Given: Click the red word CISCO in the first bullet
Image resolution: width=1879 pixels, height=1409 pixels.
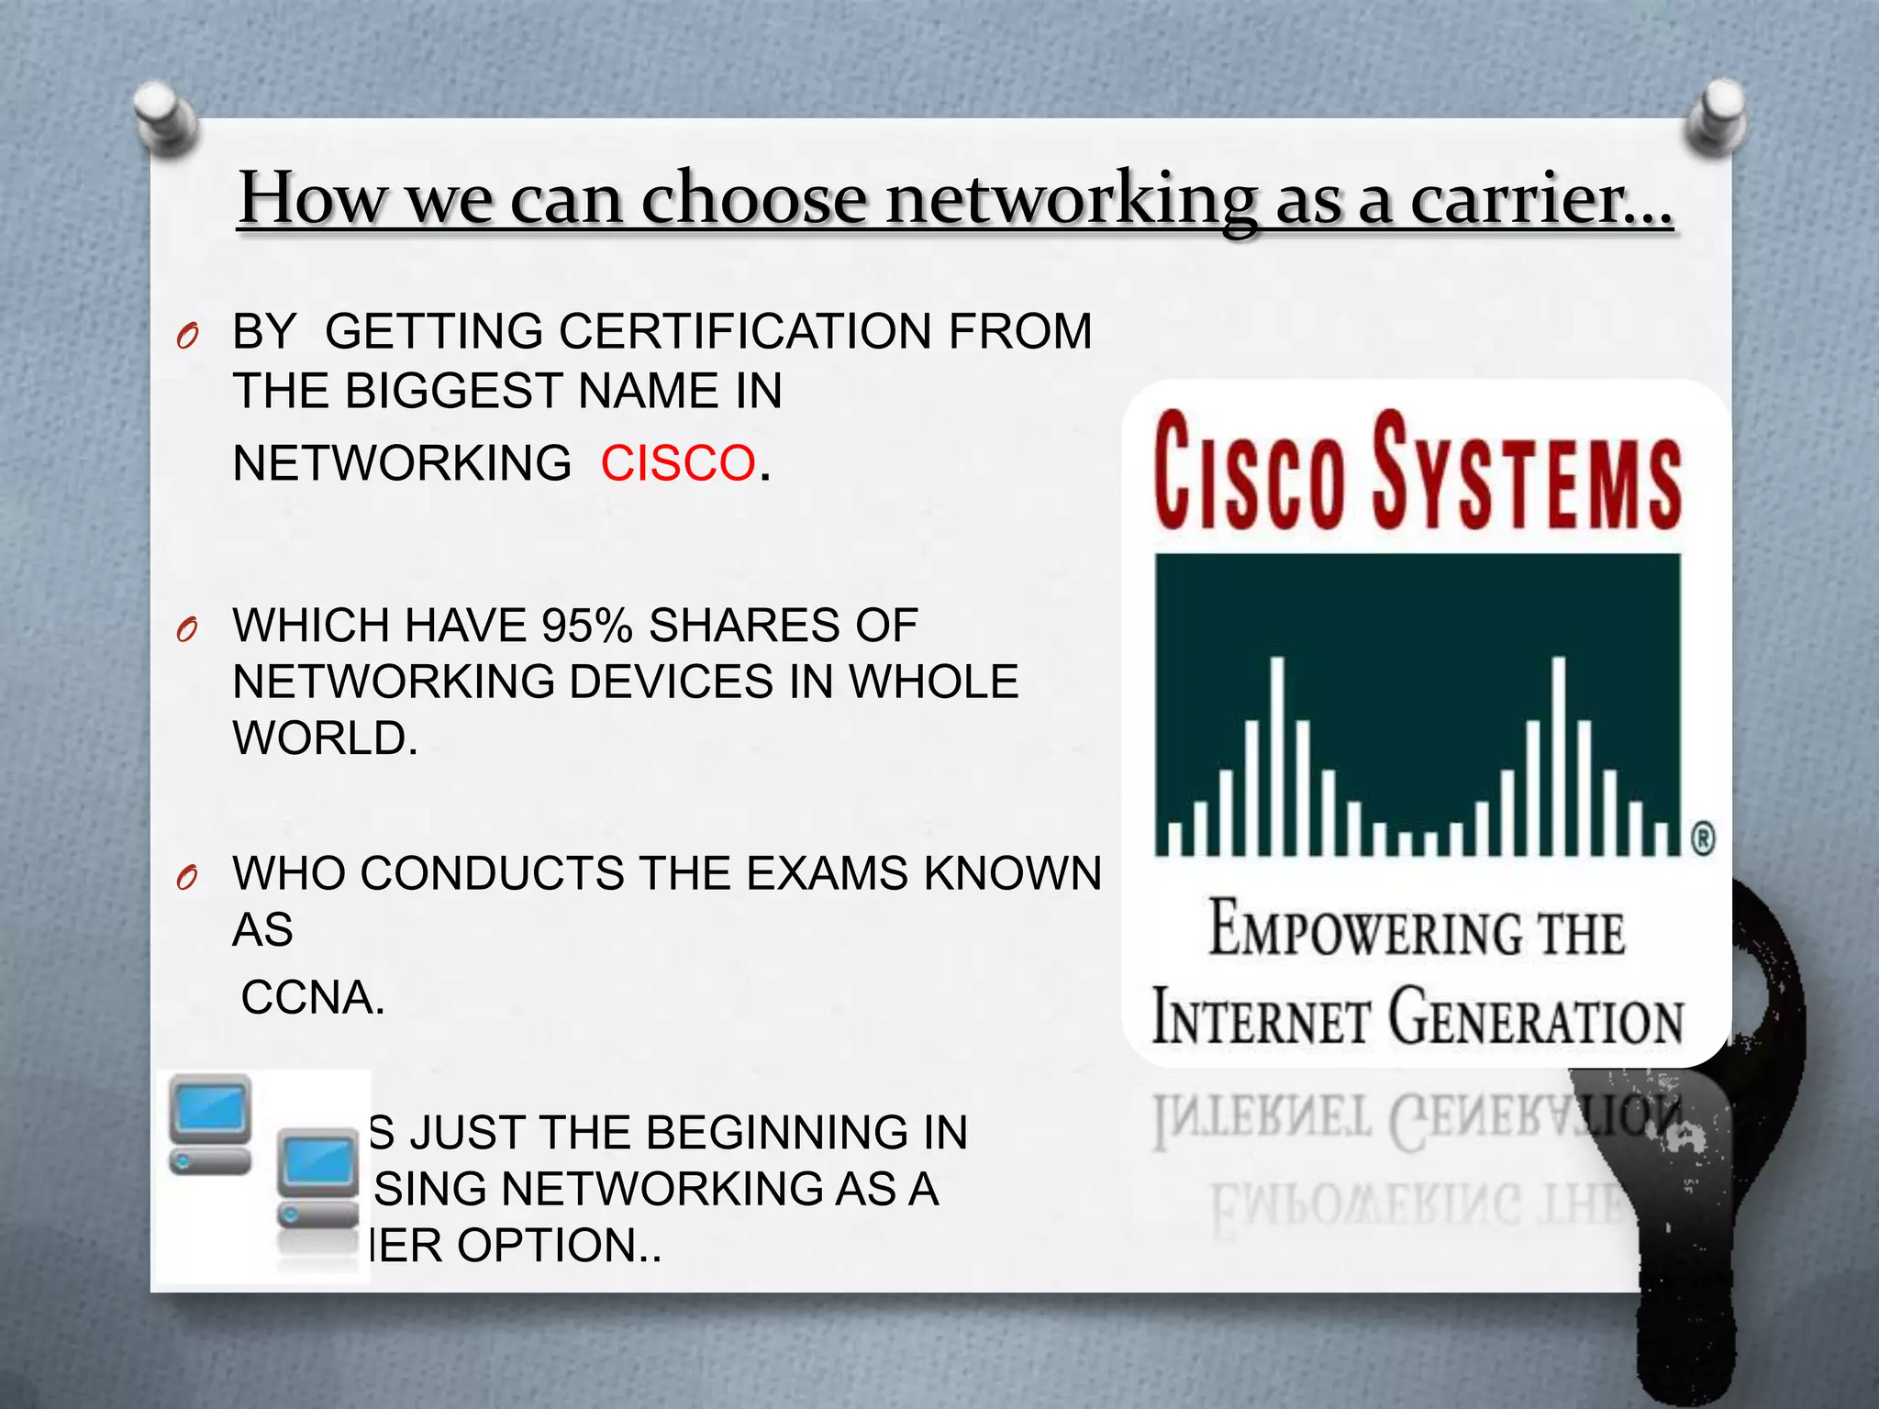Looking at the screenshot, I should [x=678, y=463].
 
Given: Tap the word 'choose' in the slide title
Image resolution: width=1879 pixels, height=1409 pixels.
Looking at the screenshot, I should [x=753, y=199].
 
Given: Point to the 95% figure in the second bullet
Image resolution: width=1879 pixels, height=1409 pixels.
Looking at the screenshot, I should [x=587, y=626].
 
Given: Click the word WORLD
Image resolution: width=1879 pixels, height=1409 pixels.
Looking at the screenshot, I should [x=325, y=738].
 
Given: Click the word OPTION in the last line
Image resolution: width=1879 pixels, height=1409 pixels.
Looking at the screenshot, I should [x=548, y=1246].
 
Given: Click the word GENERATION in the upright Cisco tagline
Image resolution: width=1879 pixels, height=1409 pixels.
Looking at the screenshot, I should [x=1536, y=1016].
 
